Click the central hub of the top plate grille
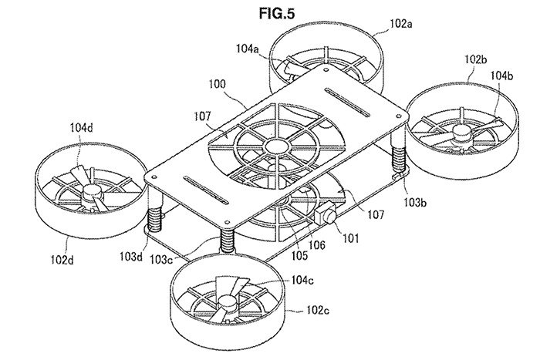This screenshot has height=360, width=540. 274,146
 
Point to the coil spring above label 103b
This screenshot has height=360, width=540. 400,163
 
